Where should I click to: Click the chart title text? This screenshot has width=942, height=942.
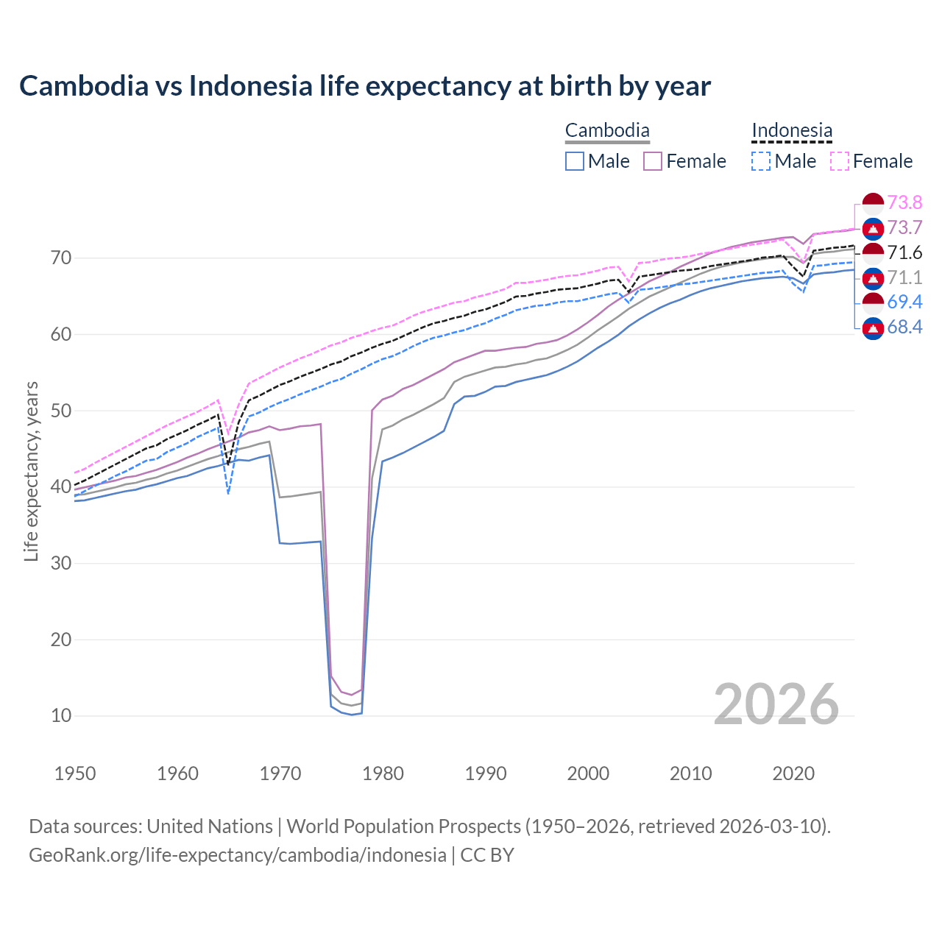click(x=365, y=86)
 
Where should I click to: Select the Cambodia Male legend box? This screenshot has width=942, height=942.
click(x=575, y=161)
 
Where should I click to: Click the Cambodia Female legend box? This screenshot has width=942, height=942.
click(x=653, y=161)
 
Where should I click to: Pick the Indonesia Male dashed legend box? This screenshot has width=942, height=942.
click(x=761, y=161)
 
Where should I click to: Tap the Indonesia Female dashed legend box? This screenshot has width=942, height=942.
click(x=840, y=161)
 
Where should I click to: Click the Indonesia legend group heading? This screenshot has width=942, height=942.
click(x=792, y=131)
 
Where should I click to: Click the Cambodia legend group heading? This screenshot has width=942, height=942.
click(x=607, y=131)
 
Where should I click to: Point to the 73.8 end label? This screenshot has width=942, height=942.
click(x=904, y=202)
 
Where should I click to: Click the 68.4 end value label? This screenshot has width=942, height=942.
click(x=904, y=327)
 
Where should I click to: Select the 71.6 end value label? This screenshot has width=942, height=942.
click(x=904, y=252)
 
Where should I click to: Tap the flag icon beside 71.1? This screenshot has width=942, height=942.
click(x=873, y=278)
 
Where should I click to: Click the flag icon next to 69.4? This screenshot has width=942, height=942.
click(x=873, y=302)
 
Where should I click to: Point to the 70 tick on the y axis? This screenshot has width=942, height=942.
click(x=61, y=258)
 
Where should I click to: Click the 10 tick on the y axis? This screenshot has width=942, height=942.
click(x=61, y=715)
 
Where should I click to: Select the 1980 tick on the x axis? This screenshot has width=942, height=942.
click(x=383, y=773)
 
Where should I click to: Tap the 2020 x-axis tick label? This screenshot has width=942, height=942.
click(x=793, y=773)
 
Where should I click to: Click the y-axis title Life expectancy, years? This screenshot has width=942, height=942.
click(x=31, y=471)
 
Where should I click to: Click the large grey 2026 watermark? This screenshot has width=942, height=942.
click(x=776, y=704)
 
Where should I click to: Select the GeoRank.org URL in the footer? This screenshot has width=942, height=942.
click(x=238, y=855)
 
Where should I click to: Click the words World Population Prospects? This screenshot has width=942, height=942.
click(x=403, y=826)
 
